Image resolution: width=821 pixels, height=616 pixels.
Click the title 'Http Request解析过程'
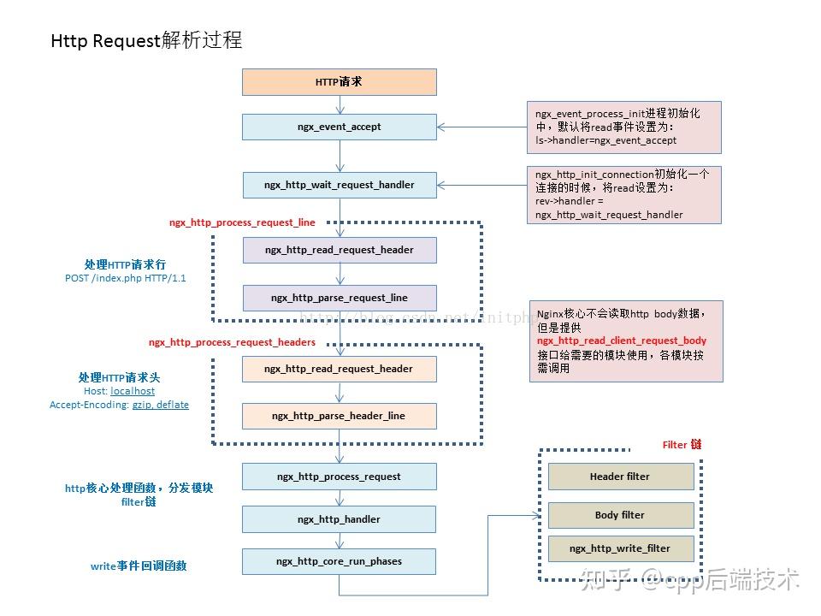146,41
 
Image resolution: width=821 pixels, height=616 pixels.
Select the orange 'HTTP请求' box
340,82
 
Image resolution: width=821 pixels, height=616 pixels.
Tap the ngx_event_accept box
340,127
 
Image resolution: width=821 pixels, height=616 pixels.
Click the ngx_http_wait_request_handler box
340,185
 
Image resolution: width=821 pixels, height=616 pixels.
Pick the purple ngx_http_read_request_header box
340,250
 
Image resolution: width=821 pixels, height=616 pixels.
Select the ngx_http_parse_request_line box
340,298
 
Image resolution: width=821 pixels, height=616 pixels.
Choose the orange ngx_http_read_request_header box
340,369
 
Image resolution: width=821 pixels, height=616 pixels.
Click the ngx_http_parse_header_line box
340,416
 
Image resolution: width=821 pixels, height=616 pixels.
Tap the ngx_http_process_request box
340,477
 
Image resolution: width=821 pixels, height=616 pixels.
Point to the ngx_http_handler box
340,519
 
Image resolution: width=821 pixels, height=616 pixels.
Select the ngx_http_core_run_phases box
340,561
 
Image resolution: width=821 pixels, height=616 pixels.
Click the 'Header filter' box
620,477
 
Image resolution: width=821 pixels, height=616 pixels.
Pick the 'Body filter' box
620,515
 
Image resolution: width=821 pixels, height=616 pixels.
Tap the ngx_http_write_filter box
620,548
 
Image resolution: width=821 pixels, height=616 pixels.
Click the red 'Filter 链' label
682,445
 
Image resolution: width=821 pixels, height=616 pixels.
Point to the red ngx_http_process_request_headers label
232,342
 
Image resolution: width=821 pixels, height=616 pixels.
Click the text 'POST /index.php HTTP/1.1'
126,278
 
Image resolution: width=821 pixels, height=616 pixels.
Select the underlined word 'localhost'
133,391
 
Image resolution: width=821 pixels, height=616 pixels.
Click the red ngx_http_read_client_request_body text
622,341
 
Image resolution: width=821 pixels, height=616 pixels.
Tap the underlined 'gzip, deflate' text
160,405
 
